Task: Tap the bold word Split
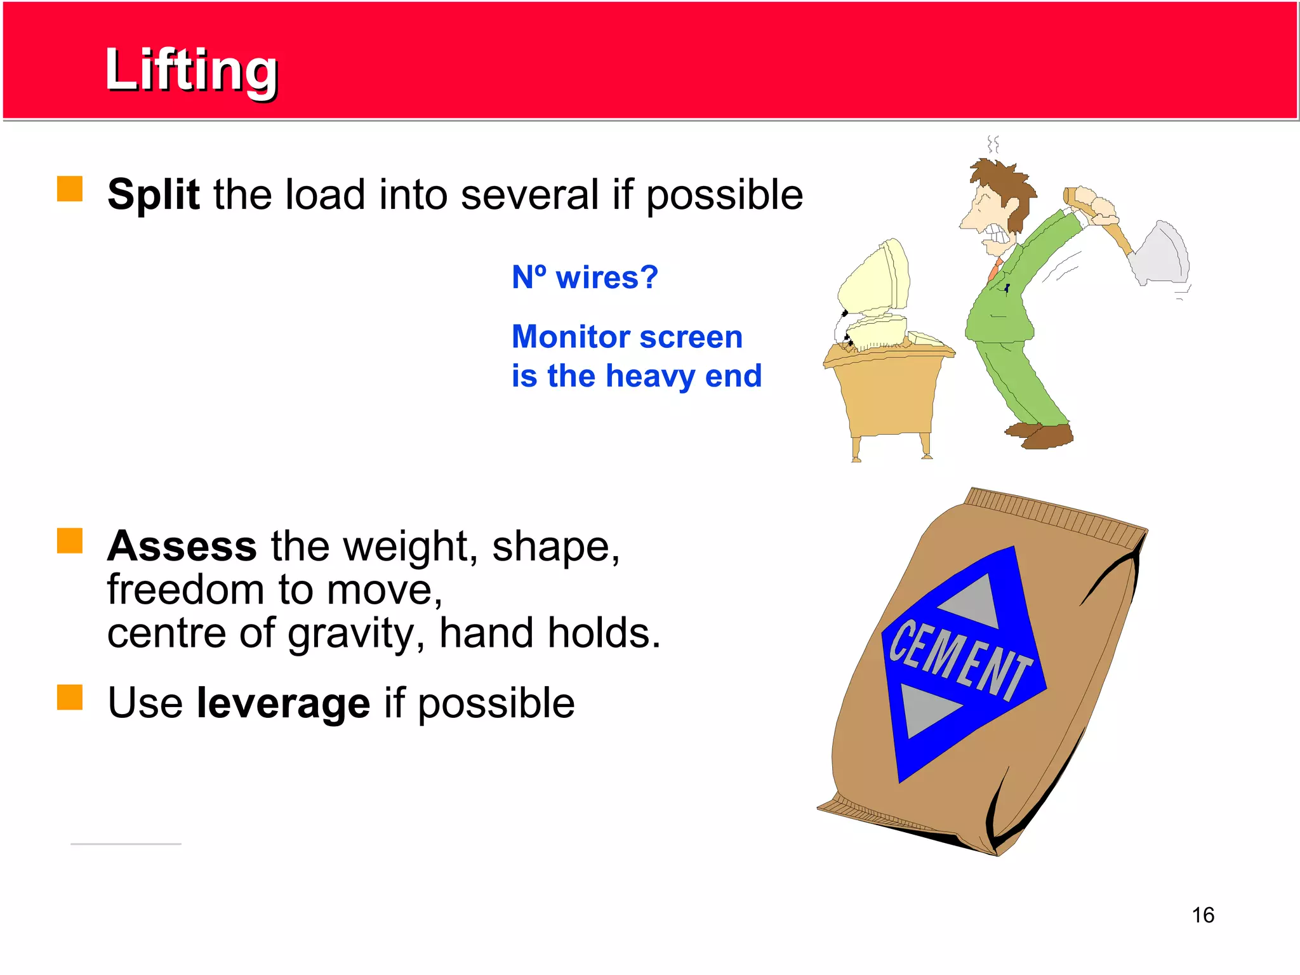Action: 154,194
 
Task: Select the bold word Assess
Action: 182,546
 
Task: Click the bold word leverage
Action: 283,703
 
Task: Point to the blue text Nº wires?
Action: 585,277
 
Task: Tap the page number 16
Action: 1202,915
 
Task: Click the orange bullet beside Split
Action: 70,189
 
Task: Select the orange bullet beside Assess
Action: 70,541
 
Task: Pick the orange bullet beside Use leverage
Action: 70,697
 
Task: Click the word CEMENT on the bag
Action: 958,660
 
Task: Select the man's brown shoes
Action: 1041,435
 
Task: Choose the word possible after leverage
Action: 496,703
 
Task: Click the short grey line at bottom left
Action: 126,844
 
